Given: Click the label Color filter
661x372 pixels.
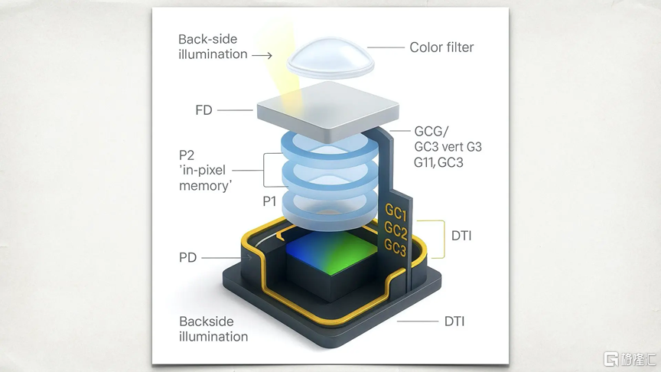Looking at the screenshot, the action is [x=441, y=47].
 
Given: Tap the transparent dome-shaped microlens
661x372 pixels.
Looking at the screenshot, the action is [x=330, y=59].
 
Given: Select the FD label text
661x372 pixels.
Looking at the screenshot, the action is [x=204, y=110].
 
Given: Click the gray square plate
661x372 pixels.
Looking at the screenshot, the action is [x=328, y=110].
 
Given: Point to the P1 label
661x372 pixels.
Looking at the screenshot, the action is [x=269, y=201].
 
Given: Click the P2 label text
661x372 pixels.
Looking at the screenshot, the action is [x=187, y=155].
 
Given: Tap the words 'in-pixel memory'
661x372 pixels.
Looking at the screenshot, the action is [x=205, y=178].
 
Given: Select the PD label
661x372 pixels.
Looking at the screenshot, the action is [x=188, y=257].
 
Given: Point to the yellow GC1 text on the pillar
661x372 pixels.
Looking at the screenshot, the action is [x=396, y=213].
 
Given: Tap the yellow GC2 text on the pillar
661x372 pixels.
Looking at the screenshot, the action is [x=396, y=230].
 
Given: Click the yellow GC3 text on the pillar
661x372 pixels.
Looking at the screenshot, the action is [x=395, y=247].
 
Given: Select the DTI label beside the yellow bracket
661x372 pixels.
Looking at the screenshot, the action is [x=461, y=235].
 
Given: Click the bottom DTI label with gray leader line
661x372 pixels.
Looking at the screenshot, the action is [x=454, y=321].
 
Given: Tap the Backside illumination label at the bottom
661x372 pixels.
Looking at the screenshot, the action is [x=213, y=329].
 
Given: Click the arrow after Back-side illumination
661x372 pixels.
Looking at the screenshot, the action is [x=262, y=55].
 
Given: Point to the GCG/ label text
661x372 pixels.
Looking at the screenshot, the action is [x=431, y=132].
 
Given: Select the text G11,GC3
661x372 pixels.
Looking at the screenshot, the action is [x=438, y=162].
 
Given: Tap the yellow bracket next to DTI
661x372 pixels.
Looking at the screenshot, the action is [x=444, y=239].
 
